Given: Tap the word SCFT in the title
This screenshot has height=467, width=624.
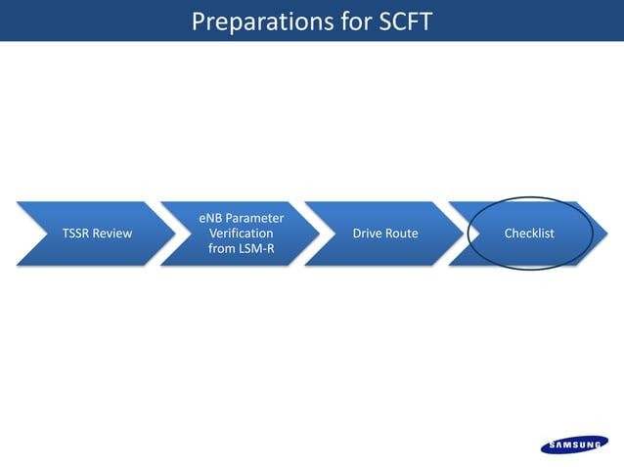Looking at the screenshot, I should pyautogui.click(x=401, y=21).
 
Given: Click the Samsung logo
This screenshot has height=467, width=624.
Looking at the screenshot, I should pyautogui.click(x=574, y=446).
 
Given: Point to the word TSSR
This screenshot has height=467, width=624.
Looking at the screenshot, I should pyautogui.click(x=77, y=233).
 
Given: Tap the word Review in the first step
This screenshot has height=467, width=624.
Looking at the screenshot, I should pyautogui.click(x=113, y=233).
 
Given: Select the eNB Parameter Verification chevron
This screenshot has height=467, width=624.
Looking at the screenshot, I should pyautogui.click(x=241, y=233).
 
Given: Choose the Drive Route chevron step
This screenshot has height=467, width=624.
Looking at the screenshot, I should pyautogui.click(x=384, y=233).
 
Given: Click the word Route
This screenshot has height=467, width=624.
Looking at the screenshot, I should pyautogui.click(x=402, y=233).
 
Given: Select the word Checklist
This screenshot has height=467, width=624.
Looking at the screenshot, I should pyautogui.click(x=529, y=233).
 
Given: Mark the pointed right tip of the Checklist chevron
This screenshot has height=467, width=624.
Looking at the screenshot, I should pyautogui.click(x=608, y=233).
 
